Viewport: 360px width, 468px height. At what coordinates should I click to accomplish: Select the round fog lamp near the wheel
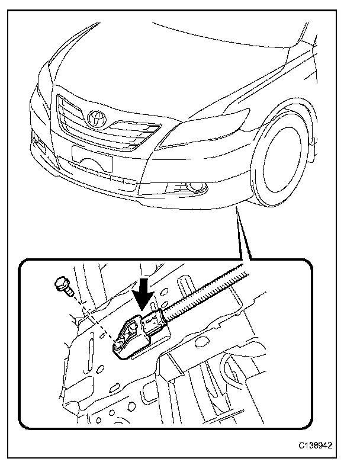pos(194,188)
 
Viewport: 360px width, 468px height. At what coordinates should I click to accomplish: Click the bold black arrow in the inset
pos(144,291)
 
